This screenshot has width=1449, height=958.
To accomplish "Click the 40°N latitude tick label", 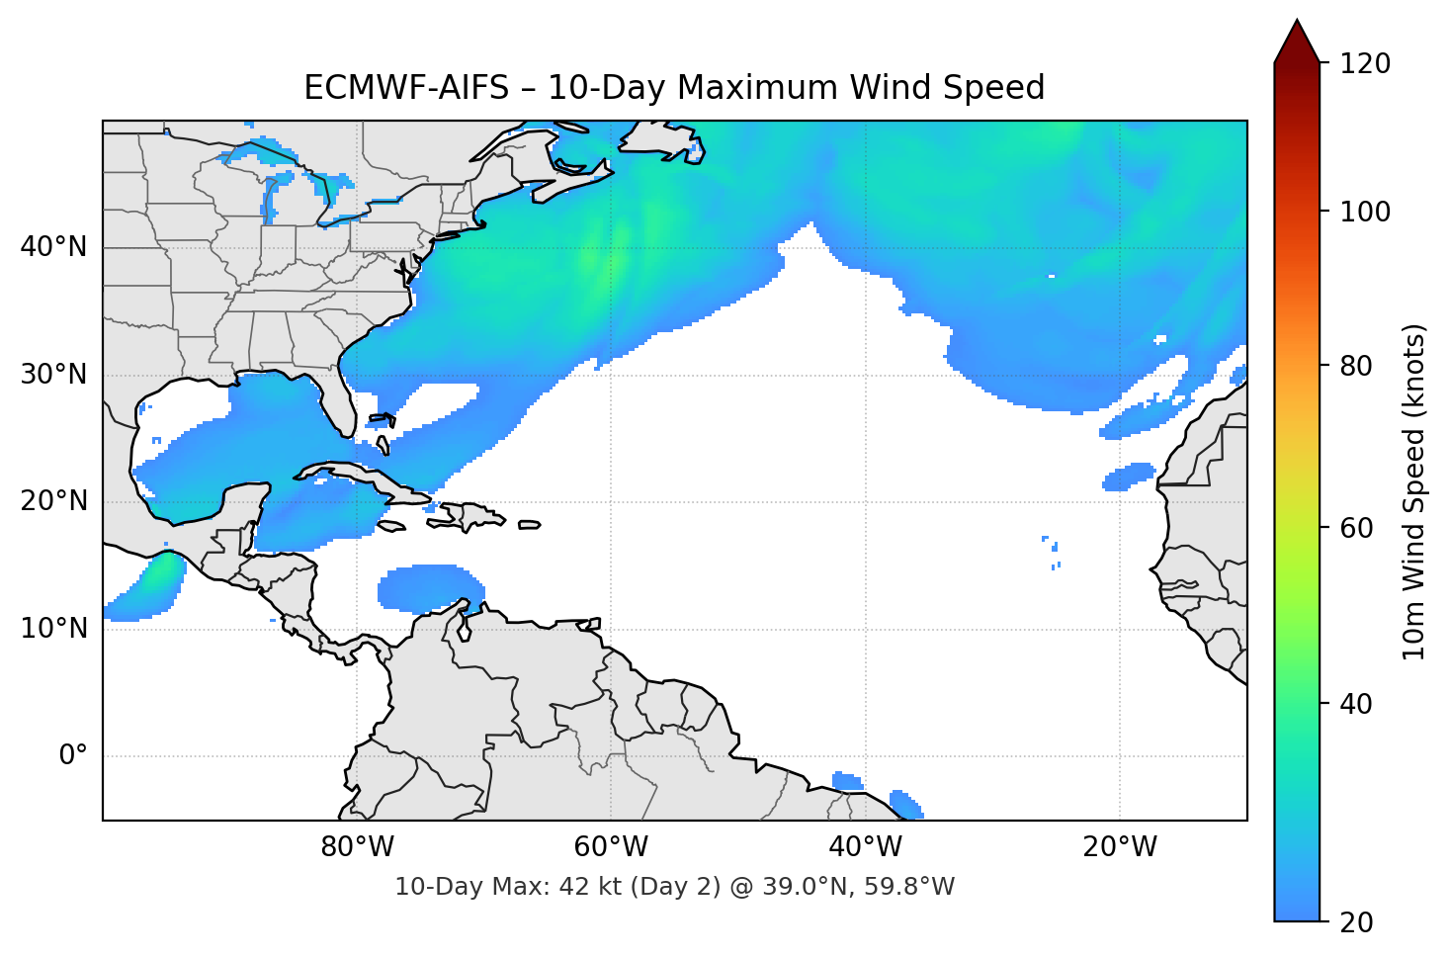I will [x=53, y=247].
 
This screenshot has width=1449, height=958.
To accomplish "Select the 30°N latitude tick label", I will [x=53, y=375].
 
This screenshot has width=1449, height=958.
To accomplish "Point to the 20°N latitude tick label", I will [x=53, y=501].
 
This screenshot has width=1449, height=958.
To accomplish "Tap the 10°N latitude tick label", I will [x=53, y=629].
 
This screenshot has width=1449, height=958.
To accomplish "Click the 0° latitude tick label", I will [x=73, y=756].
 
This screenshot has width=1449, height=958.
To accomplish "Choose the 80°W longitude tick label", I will [x=357, y=847].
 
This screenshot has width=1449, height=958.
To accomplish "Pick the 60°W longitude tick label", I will [x=611, y=847].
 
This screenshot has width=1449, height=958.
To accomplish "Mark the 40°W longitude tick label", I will [x=865, y=847].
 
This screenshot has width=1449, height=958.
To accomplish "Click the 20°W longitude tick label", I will [x=1120, y=847].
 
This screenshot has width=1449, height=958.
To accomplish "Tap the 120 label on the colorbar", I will [x=1365, y=64].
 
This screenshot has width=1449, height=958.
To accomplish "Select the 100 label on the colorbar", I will [x=1365, y=212].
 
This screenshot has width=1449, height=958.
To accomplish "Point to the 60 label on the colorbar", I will [x=1357, y=528].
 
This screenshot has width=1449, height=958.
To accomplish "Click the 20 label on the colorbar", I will [x=1357, y=922].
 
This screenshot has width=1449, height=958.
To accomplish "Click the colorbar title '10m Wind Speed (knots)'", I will [x=1414, y=491].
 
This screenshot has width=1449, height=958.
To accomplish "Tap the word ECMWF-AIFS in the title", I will [x=405, y=88].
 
